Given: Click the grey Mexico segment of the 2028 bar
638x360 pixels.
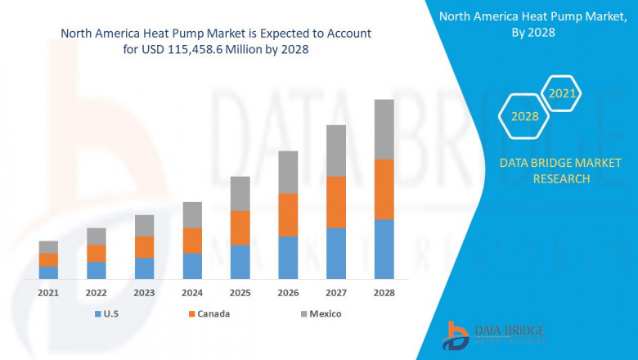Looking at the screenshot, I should [x=384, y=129].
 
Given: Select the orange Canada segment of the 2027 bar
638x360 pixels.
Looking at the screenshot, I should [x=336, y=202].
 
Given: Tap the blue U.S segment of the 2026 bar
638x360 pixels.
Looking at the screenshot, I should [x=288, y=258].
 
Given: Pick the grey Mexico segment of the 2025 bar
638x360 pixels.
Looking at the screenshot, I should [x=240, y=193].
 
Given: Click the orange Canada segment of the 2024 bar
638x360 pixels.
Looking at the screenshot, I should [x=192, y=241].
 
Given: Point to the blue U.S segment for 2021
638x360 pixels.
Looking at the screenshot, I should [x=48, y=272].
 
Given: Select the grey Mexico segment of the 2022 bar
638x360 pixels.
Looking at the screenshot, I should [x=97, y=236].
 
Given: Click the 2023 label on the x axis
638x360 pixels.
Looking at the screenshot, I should [x=144, y=293].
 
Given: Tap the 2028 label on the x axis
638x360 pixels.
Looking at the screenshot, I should [x=384, y=293].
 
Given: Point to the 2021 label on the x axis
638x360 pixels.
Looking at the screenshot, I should [x=48, y=293].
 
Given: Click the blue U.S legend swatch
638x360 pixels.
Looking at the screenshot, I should [x=99, y=314].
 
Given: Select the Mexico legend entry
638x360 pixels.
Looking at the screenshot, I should [x=320, y=314].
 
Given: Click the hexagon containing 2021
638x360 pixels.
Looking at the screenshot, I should [x=562, y=94].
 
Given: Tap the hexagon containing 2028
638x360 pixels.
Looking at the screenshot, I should [x=524, y=116].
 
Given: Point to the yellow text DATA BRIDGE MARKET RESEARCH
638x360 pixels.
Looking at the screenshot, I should [x=544, y=171].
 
